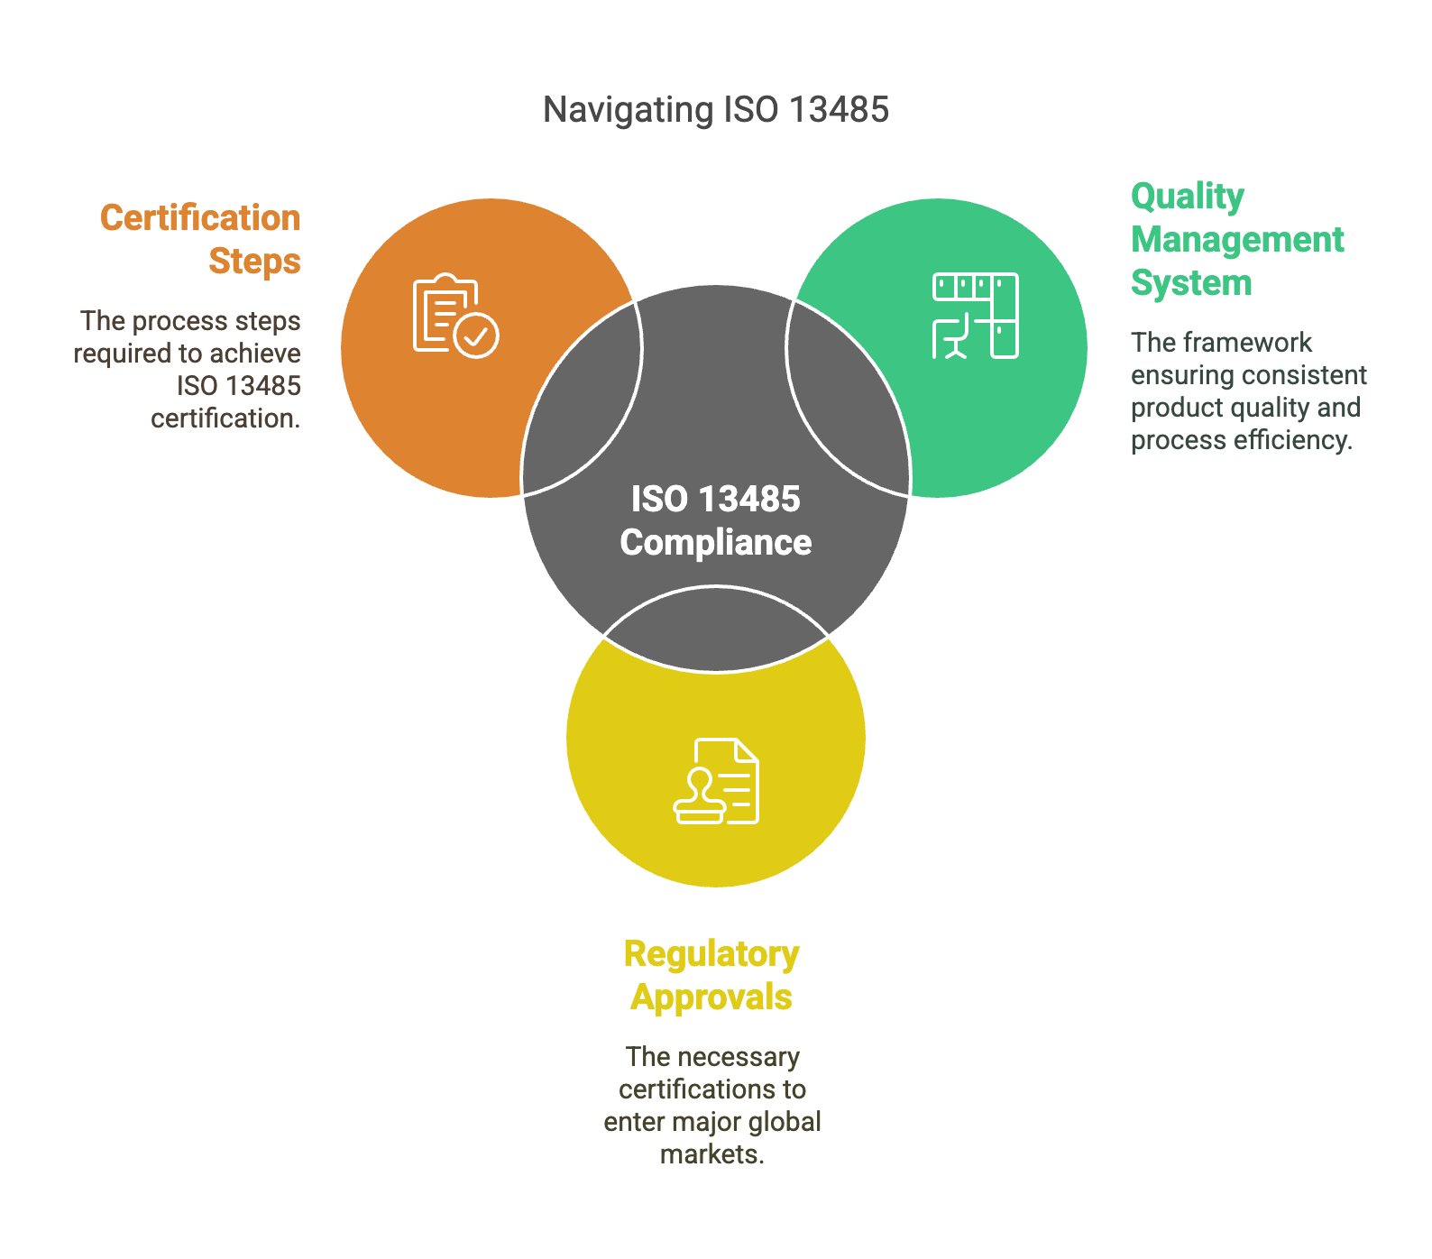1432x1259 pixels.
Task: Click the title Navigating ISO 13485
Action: click(716, 110)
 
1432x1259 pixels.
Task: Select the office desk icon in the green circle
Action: click(975, 316)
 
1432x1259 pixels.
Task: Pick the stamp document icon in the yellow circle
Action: click(716, 781)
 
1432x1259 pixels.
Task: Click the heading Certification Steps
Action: click(200, 240)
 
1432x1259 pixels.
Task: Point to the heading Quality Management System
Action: click(1237, 240)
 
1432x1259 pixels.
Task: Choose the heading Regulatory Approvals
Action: click(711, 976)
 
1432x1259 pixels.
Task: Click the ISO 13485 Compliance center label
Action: click(716, 521)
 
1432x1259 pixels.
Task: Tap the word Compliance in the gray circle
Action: click(716, 543)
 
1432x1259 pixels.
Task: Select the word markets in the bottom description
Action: click(711, 1154)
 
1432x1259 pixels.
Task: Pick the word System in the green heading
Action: click(1191, 283)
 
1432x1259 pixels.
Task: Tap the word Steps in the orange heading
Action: click(255, 262)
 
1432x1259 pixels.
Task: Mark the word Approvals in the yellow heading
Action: click(711, 997)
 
